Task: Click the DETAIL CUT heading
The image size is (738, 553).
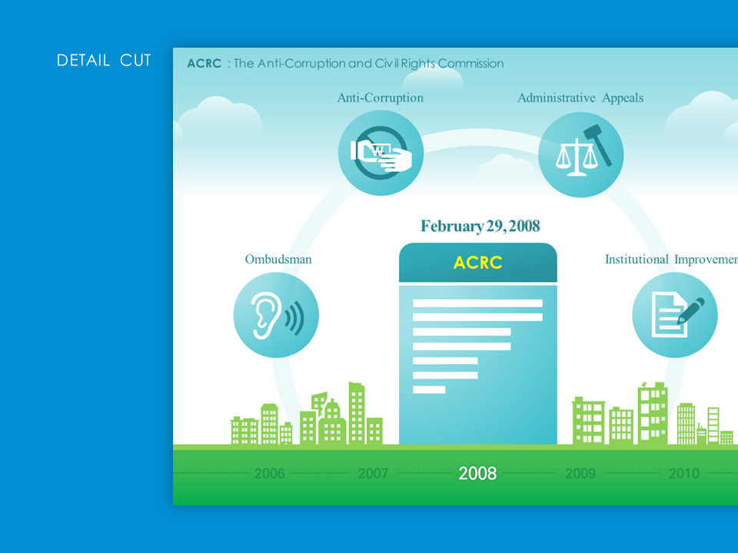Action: tap(104, 60)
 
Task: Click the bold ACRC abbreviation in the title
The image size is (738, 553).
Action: tap(204, 64)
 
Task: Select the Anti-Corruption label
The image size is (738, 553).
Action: tap(381, 98)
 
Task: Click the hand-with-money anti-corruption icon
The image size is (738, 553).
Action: tap(381, 153)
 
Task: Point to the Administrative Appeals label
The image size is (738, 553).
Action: tap(580, 98)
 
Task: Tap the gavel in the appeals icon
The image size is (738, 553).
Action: tap(599, 144)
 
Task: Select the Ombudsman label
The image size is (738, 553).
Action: tap(278, 260)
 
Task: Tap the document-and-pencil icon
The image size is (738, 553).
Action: tap(676, 315)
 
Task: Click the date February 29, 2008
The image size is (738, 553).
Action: tap(480, 226)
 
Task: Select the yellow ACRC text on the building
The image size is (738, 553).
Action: tap(477, 263)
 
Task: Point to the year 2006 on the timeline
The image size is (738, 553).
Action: tap(270, 473)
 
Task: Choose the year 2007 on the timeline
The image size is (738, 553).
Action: tap(374, 473)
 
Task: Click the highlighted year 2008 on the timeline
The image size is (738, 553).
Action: tap(477, 473)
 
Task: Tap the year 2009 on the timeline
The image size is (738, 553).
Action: tap(580, 473)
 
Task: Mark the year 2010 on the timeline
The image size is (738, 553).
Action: tap(684, 473)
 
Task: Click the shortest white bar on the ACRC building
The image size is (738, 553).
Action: tap(429, 389)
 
